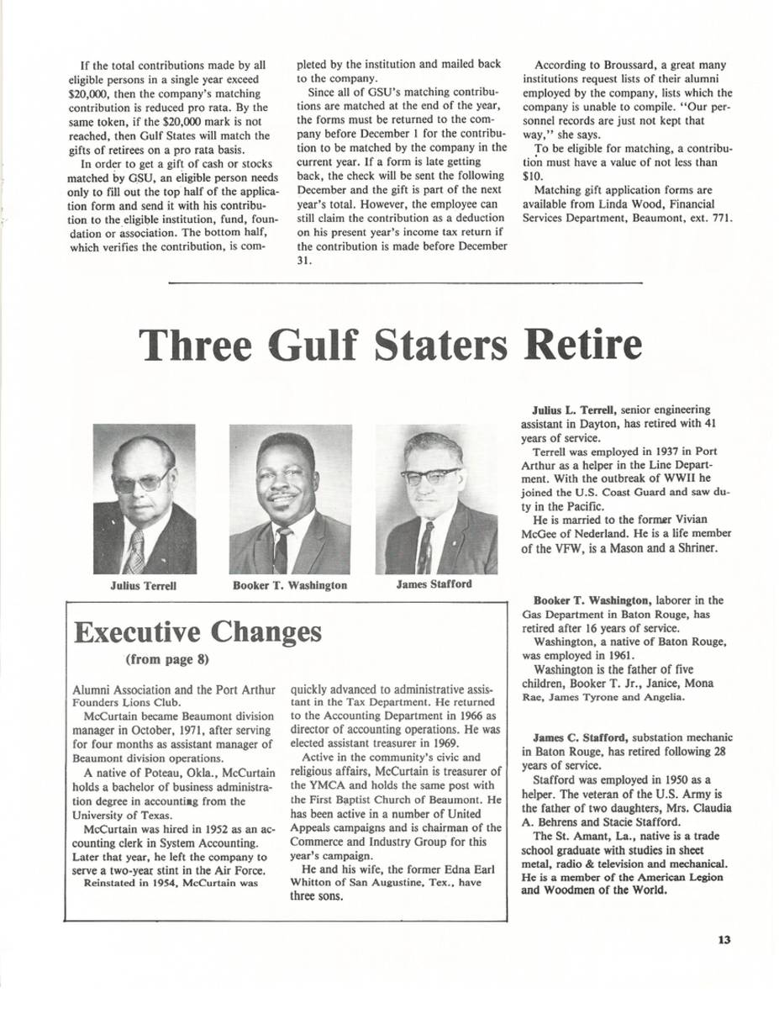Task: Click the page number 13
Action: click(724, 939)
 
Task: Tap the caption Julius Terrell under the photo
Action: click(143, 585)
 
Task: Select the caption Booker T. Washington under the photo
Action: click(289, 585)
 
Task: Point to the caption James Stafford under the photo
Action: click(434, 584)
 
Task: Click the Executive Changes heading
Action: click(197, 632)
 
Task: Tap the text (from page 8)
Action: click(167, 659)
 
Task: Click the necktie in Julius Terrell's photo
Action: click(134, 550)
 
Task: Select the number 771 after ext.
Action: click(721, 218)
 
